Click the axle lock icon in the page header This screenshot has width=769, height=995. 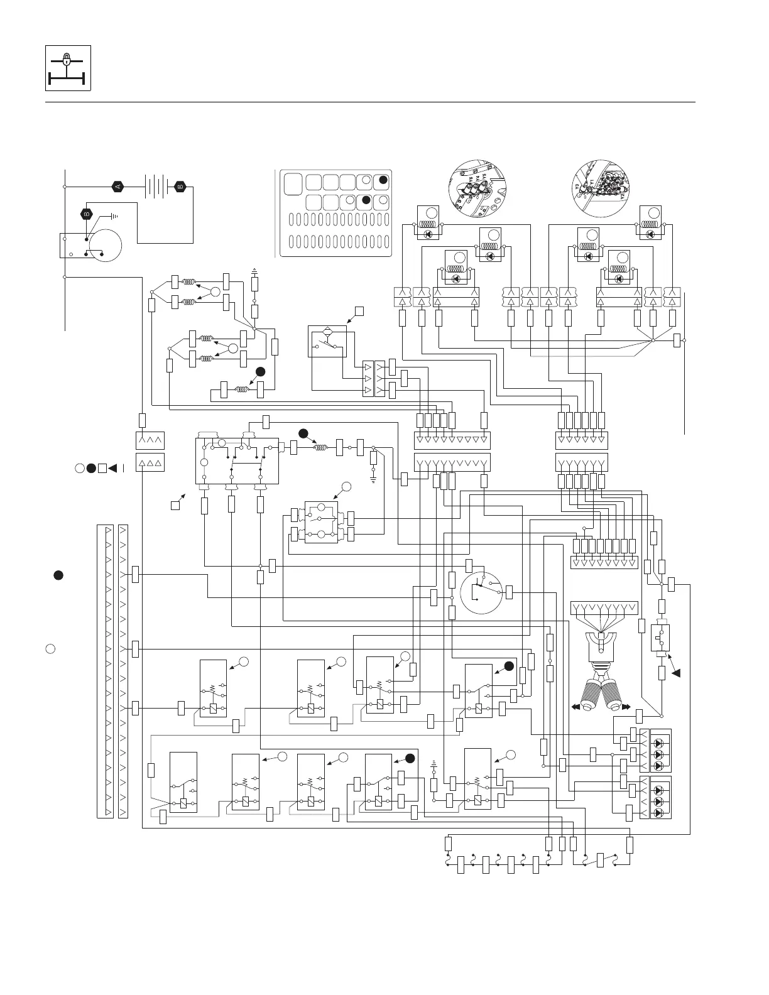pyautogui.click(x=68, y=68)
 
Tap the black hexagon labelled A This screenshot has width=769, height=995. pyautogui.click(x=117, y=187)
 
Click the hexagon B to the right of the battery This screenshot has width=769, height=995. pyautogui.click(x=180, y=187)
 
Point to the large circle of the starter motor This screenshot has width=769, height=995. pyautogui.click(x=104, y=246)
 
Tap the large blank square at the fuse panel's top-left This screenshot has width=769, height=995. pyautogui.click(x=292, y=184)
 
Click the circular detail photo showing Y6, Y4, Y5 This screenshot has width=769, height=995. pyautogui.click(x=477, y=188)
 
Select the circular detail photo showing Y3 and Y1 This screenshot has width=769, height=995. pyautogui.click(x=601, y=188)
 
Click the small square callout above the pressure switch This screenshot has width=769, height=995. pyautogui.click(x=359, y=310)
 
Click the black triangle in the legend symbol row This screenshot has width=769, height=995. pyautogui.click(x=113, y=467)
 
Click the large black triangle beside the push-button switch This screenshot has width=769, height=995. pyautogui.click(x=677, y=673)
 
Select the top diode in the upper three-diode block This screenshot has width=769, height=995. pyautogui.click(x=659, y=739)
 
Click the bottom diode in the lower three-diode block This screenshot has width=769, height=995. pyautogui.click(x=659, y=813)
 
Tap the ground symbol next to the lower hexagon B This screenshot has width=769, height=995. pyautogui.click(x=114, y=217)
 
